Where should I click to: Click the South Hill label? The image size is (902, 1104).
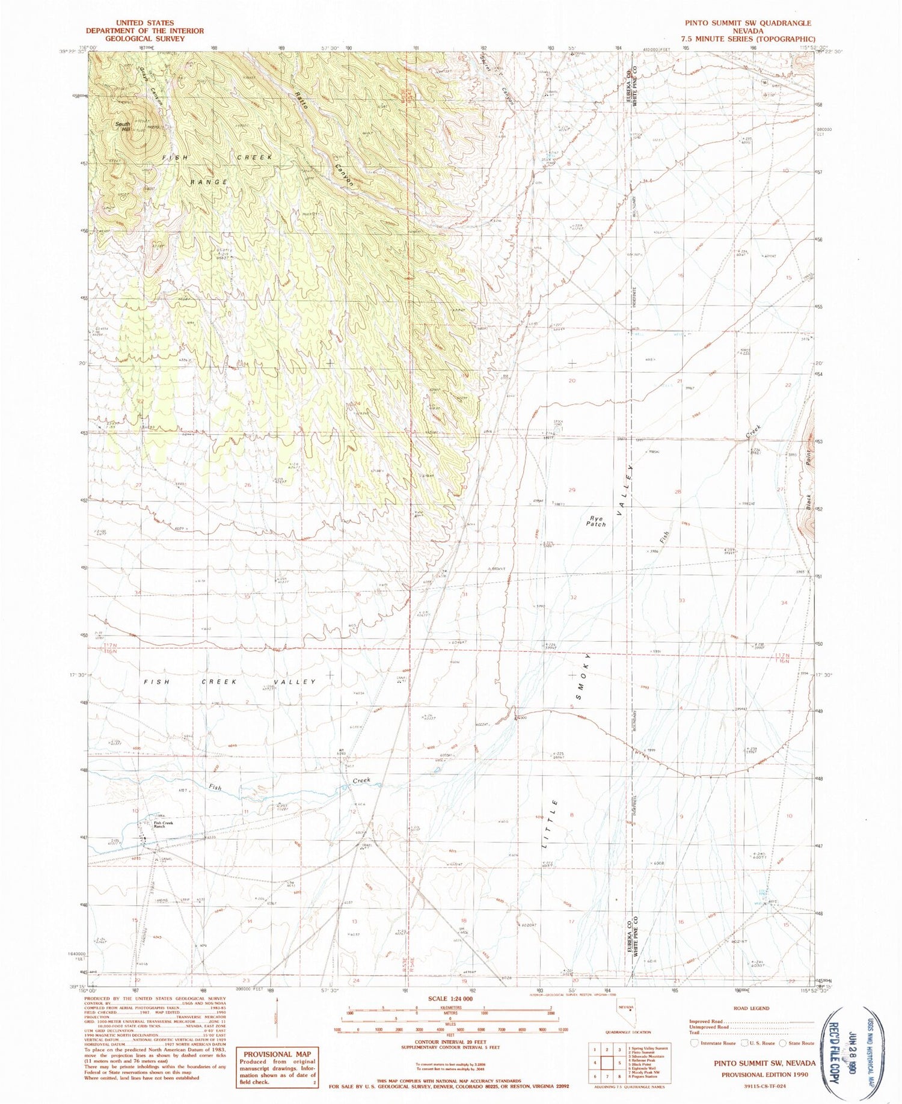(x=124, y=127)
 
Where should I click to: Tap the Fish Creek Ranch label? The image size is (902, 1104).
(x=163, y=824)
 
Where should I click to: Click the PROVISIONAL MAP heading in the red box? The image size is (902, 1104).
(x=277, y=1054)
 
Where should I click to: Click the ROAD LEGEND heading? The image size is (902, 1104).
(x=752, y=1008)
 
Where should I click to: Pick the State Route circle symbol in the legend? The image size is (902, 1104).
(x=782, y=1043)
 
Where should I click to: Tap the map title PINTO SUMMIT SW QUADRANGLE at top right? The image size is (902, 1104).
(x=739, y=23)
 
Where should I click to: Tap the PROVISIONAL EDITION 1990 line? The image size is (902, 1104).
(x=764, y=1075)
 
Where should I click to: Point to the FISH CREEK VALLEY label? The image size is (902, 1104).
(x=230, y=682)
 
